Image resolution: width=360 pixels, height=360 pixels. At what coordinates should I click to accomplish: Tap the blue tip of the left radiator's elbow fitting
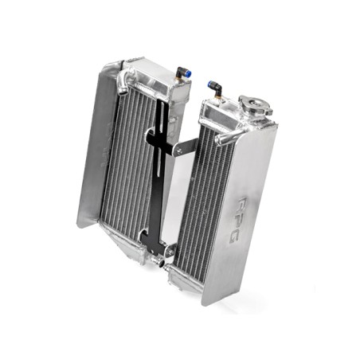pos(190,75)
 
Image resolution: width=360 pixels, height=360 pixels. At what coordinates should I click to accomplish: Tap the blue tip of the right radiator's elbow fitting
pos(211,84)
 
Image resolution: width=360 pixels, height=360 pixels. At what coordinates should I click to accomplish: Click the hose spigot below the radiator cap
pos(225,138)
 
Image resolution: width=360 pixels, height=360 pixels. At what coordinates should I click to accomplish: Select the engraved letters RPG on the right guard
pos(238,220)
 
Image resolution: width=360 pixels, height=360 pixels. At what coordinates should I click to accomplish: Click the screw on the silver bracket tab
pos(179,151)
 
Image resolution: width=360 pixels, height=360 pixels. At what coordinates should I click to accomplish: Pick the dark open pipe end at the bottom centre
pos(161,264)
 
